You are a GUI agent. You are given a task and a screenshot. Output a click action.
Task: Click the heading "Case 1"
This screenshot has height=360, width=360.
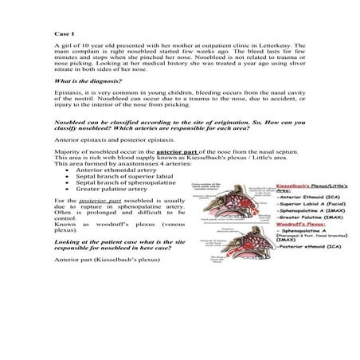[63, 34]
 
